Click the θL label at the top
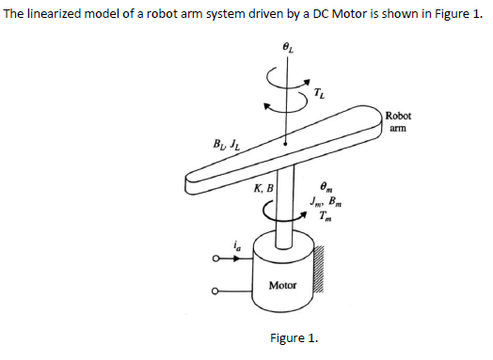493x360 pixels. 289,47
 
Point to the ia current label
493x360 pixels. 225,244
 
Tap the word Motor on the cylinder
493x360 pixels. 282,284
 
